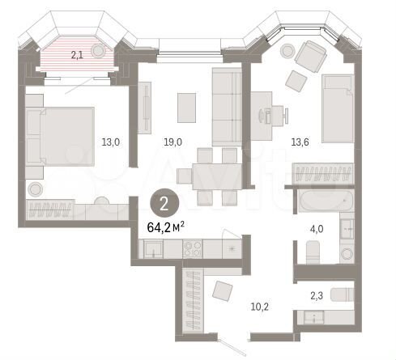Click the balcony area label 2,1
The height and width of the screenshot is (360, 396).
[76, 55]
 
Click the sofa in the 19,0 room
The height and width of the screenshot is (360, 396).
[227, 105]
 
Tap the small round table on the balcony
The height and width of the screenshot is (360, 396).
[99, 50]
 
